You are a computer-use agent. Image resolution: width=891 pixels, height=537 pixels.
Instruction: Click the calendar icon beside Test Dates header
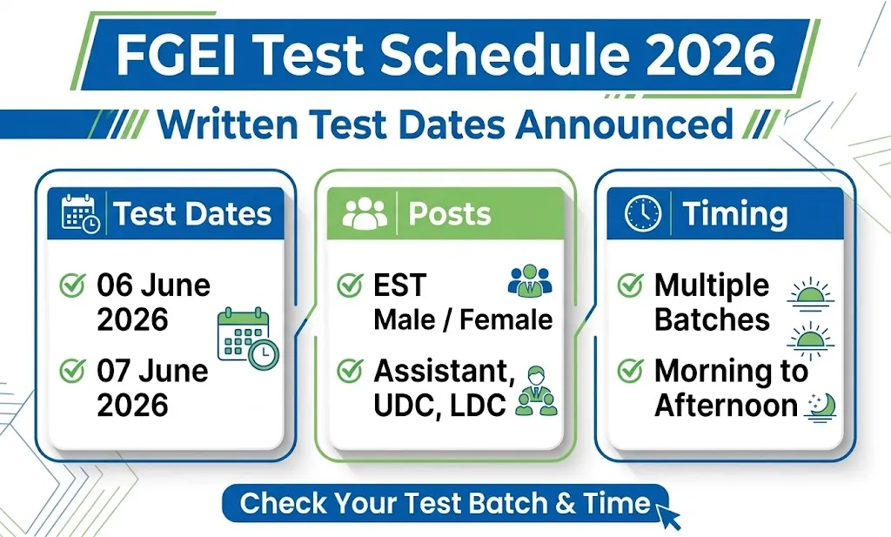tap(80, 213)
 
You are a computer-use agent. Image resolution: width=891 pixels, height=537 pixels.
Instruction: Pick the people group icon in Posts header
tap(365, 213)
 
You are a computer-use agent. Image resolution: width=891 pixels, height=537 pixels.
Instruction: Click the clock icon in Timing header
tap(643, 213)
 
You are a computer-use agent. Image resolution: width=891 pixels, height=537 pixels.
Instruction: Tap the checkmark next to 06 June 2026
tap(71, 285)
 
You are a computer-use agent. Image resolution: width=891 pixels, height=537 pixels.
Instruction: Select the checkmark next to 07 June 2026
tap(71, 372)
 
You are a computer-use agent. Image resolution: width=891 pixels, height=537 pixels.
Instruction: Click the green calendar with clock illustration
tap(247, 339)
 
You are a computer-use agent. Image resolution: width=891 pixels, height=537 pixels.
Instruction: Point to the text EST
tap(399, 285)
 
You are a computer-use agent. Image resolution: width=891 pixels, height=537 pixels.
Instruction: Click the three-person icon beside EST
tap(529, 283)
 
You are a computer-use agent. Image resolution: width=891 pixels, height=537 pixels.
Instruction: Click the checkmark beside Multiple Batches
tap(630, 285)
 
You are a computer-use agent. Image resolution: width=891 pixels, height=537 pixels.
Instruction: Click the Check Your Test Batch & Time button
tap(445, 503)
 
